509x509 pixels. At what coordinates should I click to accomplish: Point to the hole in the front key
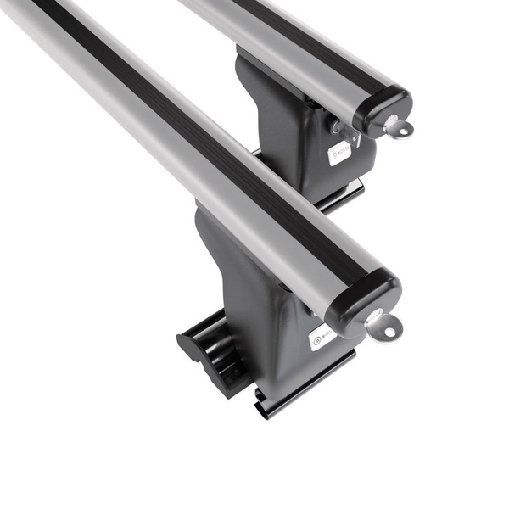(x=387, y=328)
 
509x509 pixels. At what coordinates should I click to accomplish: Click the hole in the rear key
(x=401, y=129)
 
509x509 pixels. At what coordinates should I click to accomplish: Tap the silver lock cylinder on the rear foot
(x=334, y=127)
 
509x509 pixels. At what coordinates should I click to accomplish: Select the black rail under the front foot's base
(x=305, y=386)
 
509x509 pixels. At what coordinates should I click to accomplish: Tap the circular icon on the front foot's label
(x=316, y=341)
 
